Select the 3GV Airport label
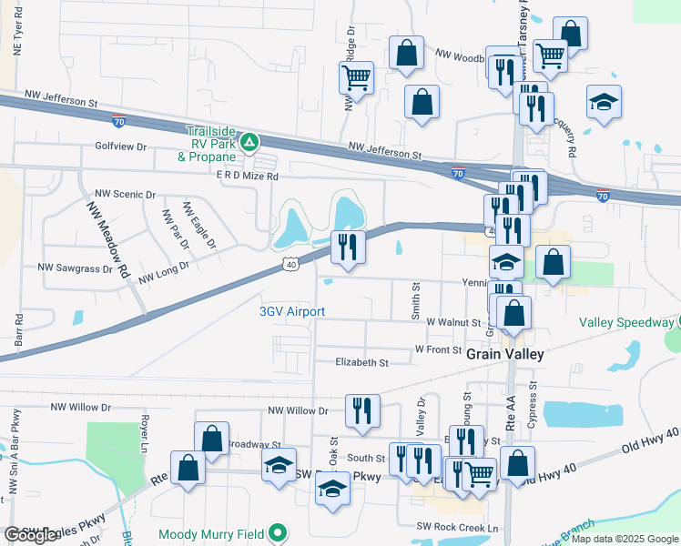click(x=292, y=311)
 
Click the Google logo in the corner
click(x=30, y=535)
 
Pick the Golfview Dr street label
click(x=120, y=146)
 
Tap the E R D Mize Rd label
click(x=236, y=177)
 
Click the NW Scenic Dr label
click(x=126, y=195)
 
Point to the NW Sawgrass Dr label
click(x=75, y=268)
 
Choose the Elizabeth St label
click(x=362, y=362)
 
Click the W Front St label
click(x=438, y=349)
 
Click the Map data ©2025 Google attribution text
click(x=623, y=539)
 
